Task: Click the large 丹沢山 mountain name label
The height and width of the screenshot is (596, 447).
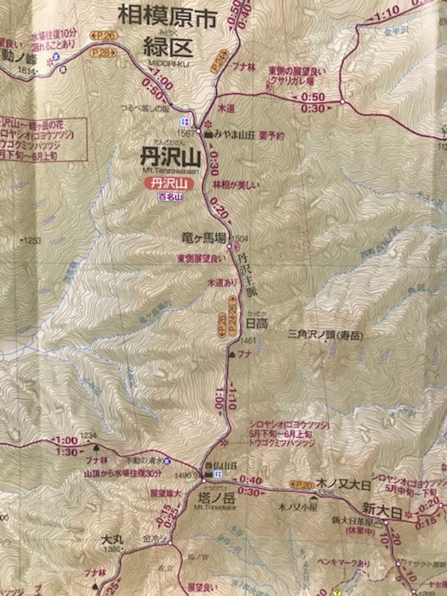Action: (170, 157)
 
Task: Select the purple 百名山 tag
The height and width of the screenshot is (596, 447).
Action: (170, 196)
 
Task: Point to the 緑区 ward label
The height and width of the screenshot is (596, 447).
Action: (168, 47)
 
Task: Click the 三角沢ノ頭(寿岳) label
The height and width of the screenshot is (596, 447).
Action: (325, 335)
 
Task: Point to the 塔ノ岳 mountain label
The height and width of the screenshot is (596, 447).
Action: (216, 498)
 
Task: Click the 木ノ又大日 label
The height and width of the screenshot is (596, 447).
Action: (343, 484)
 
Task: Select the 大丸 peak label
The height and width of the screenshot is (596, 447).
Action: (112, 539)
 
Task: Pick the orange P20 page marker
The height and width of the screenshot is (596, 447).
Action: (302, 485)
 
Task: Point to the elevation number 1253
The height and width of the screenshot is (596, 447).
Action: (32, 241)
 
